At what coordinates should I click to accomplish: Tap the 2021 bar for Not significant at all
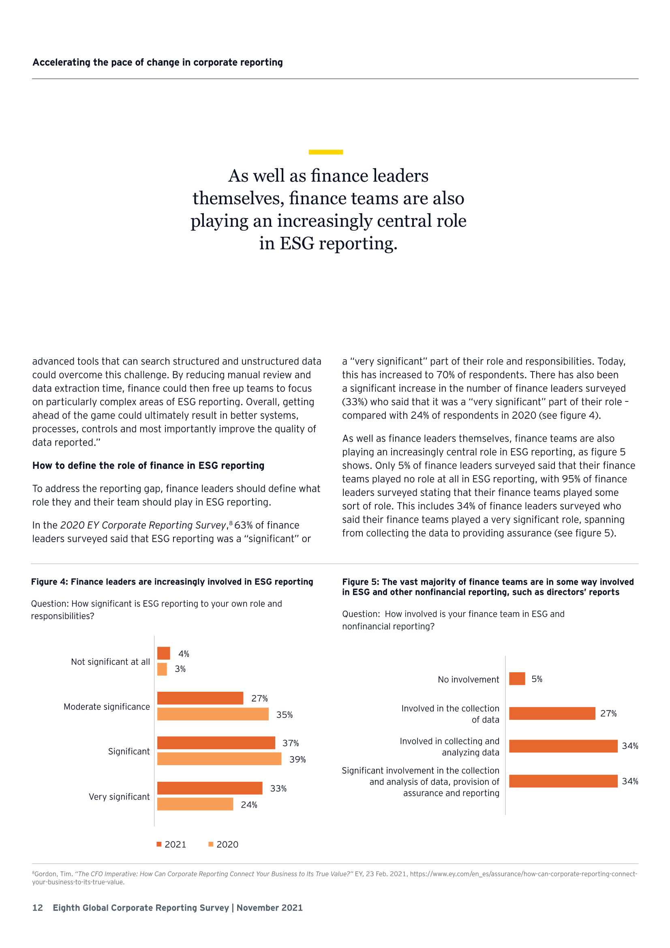click(x=163, y=653)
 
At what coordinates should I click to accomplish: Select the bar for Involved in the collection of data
click(x=552, y=713)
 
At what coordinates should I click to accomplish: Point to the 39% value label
click(x=297, y=759)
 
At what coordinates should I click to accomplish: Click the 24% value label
click(x=249, y=805)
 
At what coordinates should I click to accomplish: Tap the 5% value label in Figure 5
click(x=537, y=679)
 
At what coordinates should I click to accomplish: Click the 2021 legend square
click(x=159, y=844)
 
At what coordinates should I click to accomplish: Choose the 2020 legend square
click(x=211, y=844)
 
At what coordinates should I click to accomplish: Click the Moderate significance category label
click(x=107, y=706)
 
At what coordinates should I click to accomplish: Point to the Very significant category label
click(x=119, y=796)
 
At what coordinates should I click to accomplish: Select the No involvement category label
click(x=468, y=679)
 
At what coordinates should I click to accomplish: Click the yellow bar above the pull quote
click(x=326, y=152)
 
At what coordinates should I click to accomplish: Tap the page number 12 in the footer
click(x=38, y=907)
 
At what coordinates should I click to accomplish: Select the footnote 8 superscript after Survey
click(x=231, y=523)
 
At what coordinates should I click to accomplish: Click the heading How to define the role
click(x=148, y=465)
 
